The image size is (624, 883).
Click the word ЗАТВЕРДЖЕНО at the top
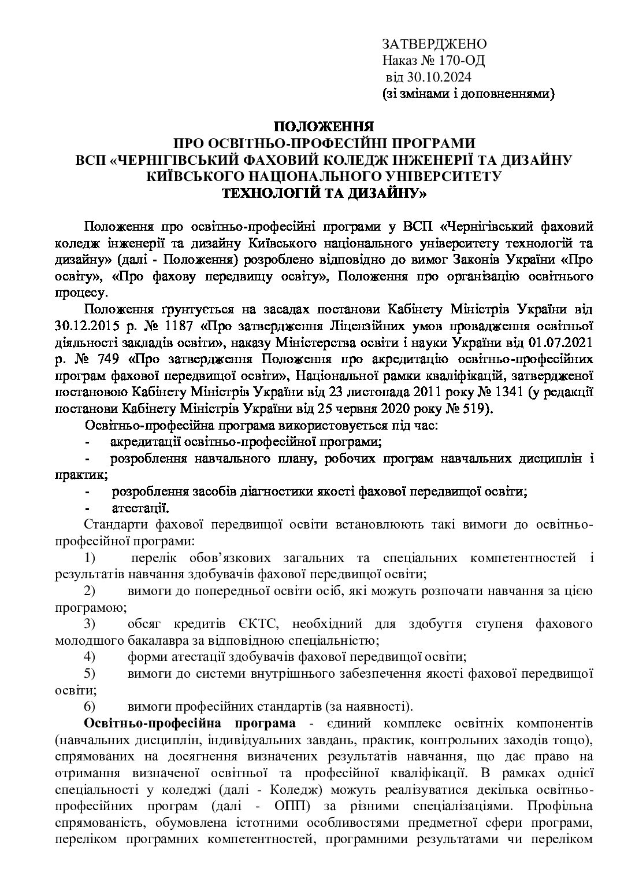coord(434,44)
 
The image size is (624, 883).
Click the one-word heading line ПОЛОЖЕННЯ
coord(323,126)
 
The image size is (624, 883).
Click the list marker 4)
coord(90,657)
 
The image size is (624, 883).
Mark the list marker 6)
coord(90,706)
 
